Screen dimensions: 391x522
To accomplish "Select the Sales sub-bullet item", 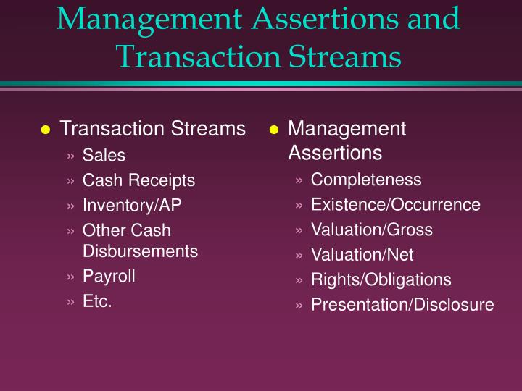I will point(104,156).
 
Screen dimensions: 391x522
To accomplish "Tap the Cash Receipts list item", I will point(138,180).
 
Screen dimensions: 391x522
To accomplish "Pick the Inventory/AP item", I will point(132,206).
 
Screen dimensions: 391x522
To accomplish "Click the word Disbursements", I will point(140,251).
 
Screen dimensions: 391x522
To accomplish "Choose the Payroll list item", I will point(109,276).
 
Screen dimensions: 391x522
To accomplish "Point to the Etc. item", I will point(97,301).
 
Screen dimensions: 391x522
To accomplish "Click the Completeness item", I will point(366,180).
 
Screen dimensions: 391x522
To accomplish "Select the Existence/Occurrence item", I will point(395,205).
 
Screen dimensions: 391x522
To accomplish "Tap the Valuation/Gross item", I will point(371,230).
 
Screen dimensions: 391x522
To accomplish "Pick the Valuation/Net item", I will point(362,255).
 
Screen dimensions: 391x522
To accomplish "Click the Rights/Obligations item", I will point(381,279).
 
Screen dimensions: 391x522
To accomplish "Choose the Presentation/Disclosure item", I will point(402,305).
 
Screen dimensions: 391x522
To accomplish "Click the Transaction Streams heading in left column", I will point(152,130).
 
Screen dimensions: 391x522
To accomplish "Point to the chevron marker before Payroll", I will point(70,277).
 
